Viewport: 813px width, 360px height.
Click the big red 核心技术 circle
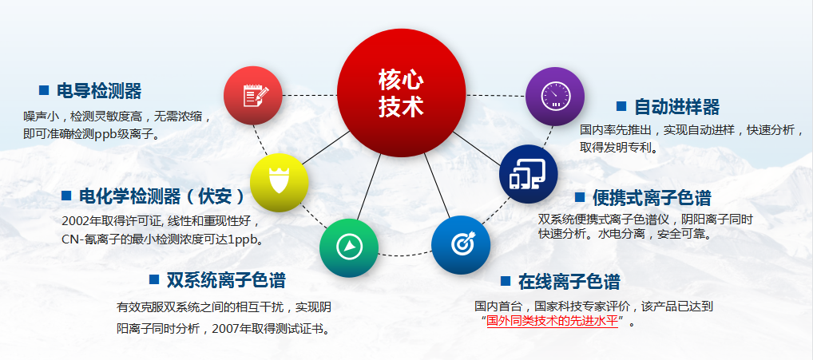(x=402, y=93)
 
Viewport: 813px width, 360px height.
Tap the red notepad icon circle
(x=253, y=95)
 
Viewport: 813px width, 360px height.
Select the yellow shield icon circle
(x=279, y=182)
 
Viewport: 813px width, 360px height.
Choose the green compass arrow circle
(x=349, y=247)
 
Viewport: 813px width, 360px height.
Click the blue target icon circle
(x=461, y=244)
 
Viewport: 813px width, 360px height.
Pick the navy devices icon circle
(x=529, y=173)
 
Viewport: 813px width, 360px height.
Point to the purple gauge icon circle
(x=555, y=97)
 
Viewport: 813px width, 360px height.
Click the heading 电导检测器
(x=99, y=91)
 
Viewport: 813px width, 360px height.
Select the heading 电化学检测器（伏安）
(x=161, y=196)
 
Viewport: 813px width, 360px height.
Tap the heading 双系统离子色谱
(x=225, y=280)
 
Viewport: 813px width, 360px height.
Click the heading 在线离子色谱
(x=569, y=283)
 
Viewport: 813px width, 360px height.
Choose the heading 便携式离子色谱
(x=652, y=198)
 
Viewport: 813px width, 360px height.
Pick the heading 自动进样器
(x=676, y=107)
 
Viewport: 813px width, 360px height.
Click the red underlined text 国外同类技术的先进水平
(x=553, y=321)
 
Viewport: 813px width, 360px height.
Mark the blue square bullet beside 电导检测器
(x=44, y=90)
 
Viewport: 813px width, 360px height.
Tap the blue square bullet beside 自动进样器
(x=621, y=106)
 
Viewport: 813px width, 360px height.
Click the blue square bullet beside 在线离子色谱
(x=506, y=281)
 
